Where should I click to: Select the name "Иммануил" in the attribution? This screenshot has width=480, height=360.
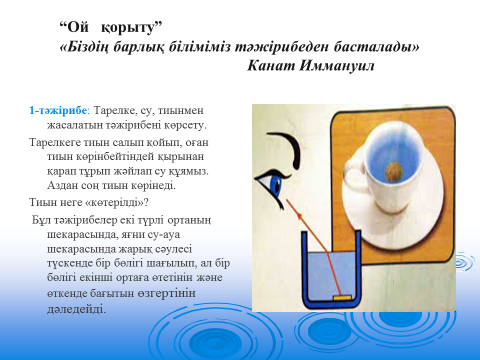pyautogui.click(x=336, y=66)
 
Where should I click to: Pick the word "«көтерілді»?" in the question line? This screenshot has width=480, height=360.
pyautogui.click(x=117, y=202)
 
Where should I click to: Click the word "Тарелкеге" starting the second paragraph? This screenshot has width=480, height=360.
pyautogui.click(x=54, y=142)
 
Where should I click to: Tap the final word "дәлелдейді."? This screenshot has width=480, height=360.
pyautogui.click(x=76, y=309)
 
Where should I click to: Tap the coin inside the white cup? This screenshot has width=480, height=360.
pyautogui.click(x=394, y=172)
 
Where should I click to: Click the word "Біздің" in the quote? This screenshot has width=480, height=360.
pyautogui.click(x=84, y=47)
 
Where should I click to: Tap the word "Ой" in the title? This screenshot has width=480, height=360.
pyautogui.click(x=78, y=27)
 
